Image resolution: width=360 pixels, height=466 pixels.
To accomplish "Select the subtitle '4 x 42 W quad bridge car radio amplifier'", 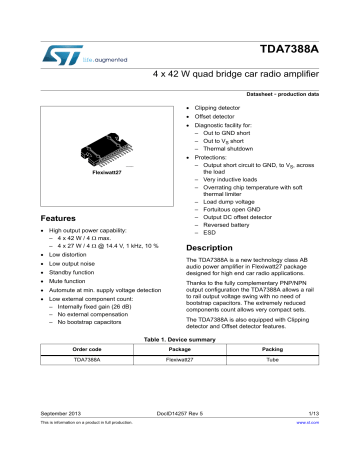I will click(236, 76).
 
